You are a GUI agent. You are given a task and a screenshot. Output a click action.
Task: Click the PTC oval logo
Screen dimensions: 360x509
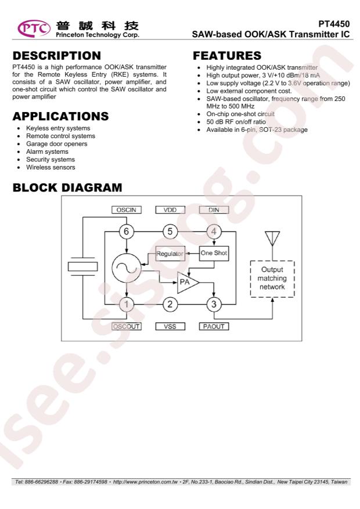tap(34, 28)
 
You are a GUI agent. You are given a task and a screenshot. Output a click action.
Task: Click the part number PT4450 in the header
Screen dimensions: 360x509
tap(334, 24)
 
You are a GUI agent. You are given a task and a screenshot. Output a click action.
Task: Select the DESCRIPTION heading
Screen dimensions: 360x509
tap(57, 56)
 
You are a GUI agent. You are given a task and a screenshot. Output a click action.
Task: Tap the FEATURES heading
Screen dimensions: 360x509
tap(227, 56)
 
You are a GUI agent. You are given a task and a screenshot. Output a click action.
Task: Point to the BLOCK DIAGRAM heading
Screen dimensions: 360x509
tap(67, 187)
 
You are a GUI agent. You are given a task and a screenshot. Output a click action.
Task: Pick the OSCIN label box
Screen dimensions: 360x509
tap(126, 210)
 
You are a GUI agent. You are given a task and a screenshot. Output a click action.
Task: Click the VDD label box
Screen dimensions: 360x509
tap(170, 210)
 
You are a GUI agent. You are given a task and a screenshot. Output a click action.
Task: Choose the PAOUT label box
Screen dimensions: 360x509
tap(214, 326)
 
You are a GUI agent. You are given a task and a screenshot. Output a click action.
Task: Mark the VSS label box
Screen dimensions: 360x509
tap(170, 326)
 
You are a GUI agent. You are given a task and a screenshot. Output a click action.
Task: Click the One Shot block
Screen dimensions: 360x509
tap(214, 253)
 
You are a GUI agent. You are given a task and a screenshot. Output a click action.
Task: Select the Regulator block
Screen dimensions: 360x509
tap(170, 254)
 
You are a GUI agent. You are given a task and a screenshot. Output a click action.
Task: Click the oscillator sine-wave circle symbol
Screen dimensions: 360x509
tap(126, 268)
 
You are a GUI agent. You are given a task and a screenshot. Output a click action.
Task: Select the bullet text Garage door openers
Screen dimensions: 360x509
tap(57, 144)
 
